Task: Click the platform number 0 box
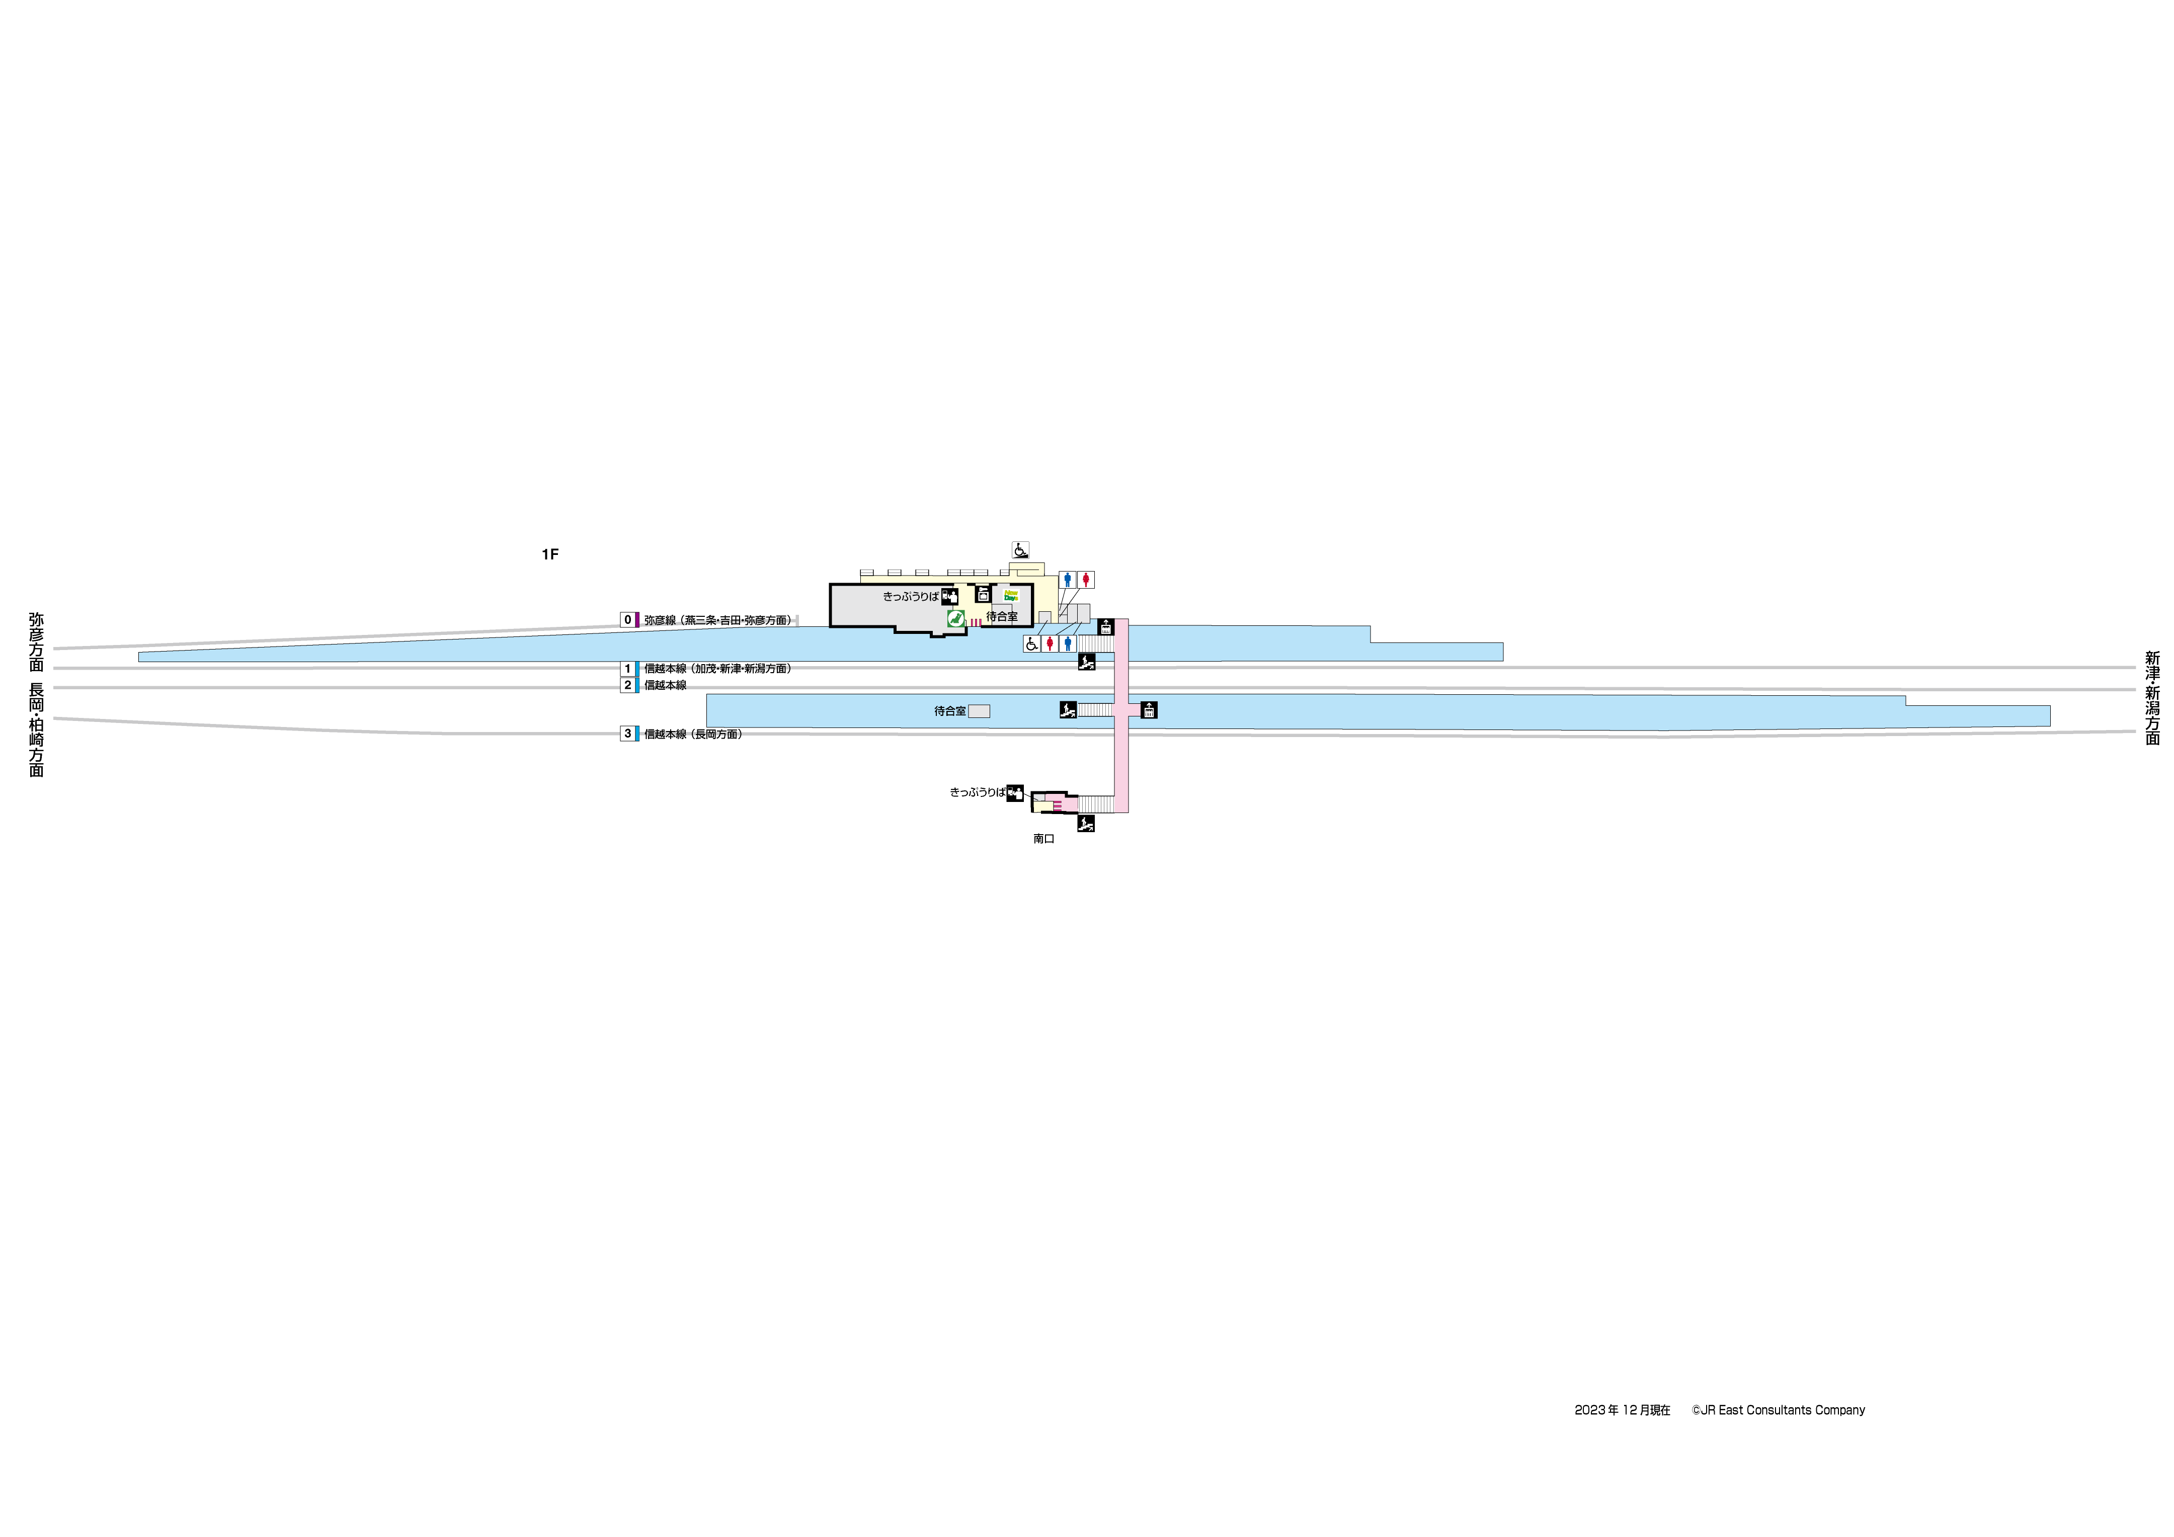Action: [x=627, y=620]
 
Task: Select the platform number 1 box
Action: [x=627, y=669]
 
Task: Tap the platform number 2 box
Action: [x=627, y=685]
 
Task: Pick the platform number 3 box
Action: [x=627, y=734]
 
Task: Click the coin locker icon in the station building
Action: [x=983, y=595]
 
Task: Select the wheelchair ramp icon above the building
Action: [x=1021, y=549]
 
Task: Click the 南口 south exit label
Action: [x=1043, y=839]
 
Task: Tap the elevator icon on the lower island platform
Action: [x=1149, y=709]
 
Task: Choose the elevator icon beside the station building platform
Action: [x=1105, y=627]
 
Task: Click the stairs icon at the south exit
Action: [x=1086, y=824]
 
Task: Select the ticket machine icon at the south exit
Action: [x=1015, y=792]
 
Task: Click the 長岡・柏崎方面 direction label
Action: [x=36, y=729]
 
